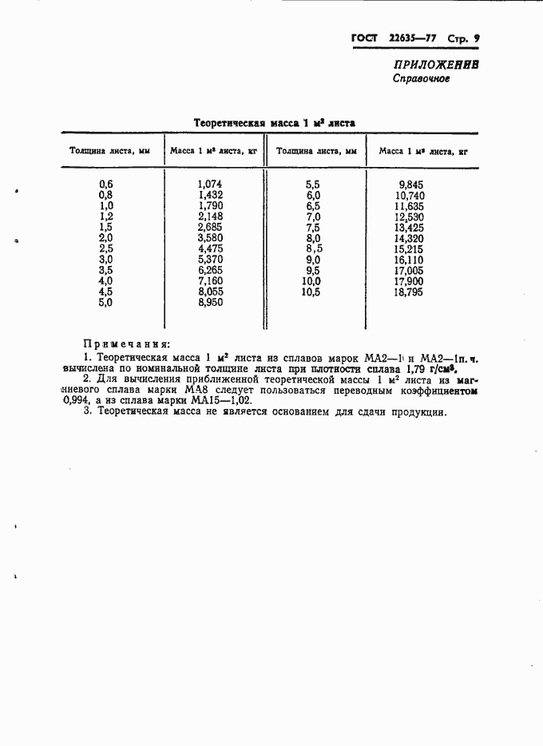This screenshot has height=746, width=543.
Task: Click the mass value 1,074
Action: coord(210,184)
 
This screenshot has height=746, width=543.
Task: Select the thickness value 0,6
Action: coord(106,184)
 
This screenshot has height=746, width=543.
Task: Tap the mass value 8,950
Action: coord(210,303)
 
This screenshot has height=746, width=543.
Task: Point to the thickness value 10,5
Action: coord(311,292)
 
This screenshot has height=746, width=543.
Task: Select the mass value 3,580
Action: coord(210,238)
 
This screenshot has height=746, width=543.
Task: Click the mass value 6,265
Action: coord(210,271)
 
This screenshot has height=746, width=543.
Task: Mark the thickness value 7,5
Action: coord(313,227)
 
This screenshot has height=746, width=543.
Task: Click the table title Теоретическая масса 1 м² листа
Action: coord(275,122)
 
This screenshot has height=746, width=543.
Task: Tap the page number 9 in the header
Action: coord(476,38)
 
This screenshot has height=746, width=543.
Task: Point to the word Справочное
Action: coord(421,79)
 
